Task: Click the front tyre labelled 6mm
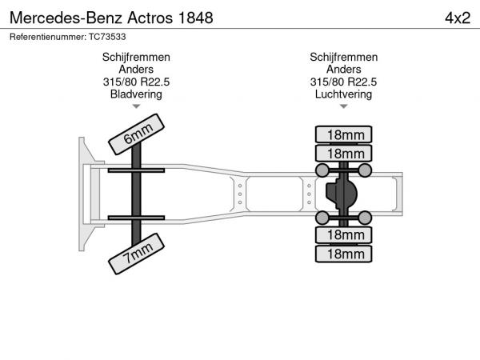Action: tap(136, 134)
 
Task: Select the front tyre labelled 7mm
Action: tap(136, 254)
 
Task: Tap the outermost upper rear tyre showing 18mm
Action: tap(343, 134)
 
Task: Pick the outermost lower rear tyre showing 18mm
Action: tap(343, 254)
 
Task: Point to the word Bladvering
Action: tap(136, 94)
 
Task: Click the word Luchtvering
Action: tap(343, 94)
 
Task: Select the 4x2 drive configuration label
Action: tap(458, 18)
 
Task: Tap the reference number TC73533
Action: tap(107, 37)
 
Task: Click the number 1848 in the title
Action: tap(195, 18)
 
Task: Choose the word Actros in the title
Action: tap(150, 18)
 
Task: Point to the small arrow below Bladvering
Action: tap(136, 106)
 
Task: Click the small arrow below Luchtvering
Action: tap(343, 106)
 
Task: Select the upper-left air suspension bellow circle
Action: tap(322, 170)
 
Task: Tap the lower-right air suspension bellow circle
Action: tap(365, 218)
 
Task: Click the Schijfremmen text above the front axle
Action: tap(136, 57)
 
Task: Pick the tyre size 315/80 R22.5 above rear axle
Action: tap(343, 82)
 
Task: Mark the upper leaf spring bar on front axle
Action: tap(136, 170)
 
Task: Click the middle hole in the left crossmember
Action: tap(240, 194)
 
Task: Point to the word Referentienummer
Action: tap(48, 37)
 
